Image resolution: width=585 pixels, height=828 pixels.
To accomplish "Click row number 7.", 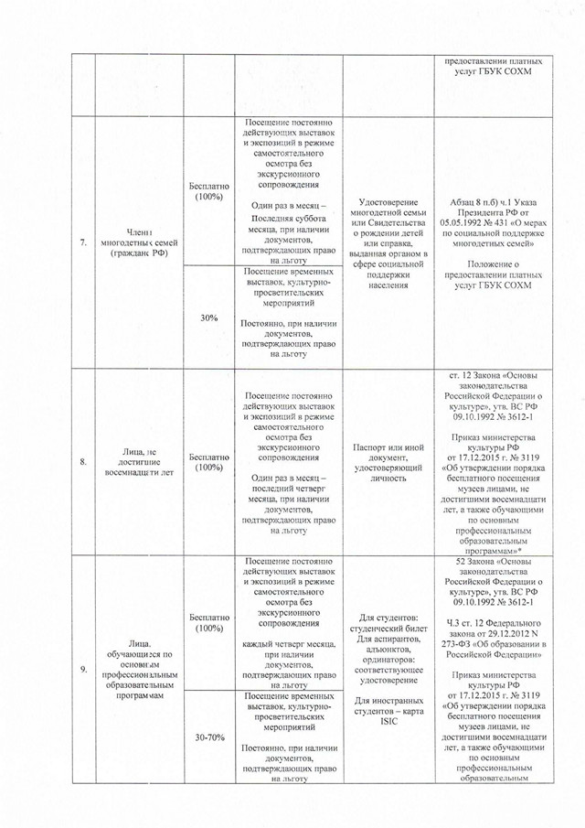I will click(x=83, y=243).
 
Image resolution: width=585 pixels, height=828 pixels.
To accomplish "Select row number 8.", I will click(x=83, y=462).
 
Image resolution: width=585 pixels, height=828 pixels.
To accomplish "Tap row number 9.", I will click(x=83, y=671).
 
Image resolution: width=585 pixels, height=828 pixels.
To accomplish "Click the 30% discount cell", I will click(x=209, y=317).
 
